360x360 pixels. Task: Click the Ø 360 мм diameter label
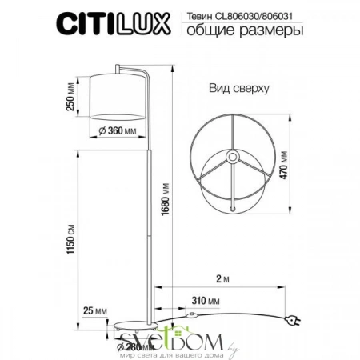point(116,131)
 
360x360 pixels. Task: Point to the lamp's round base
point(131,327)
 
